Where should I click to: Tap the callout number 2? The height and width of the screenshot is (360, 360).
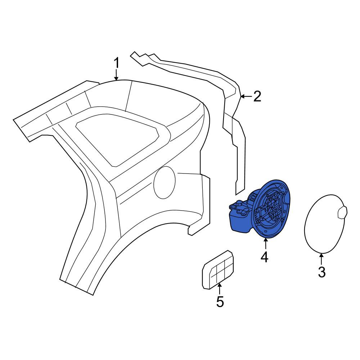coord(257,96)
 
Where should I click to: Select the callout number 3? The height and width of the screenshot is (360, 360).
coord(321,272)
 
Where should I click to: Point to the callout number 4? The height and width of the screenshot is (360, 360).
coord(265,257)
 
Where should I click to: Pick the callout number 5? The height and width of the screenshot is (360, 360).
coord(220,302)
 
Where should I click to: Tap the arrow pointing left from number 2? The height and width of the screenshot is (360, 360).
coord(246,96)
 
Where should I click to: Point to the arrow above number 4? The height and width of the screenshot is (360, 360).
coord(265,244)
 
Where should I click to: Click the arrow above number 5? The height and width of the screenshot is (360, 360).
coord(220,289)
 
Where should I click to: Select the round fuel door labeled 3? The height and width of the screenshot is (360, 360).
coord(325,224)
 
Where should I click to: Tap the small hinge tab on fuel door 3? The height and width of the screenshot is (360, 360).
coord(342,212)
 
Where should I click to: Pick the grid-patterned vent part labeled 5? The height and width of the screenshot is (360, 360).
coord(218,269)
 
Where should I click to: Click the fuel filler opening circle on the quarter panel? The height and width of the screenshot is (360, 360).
coord(165,183)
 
